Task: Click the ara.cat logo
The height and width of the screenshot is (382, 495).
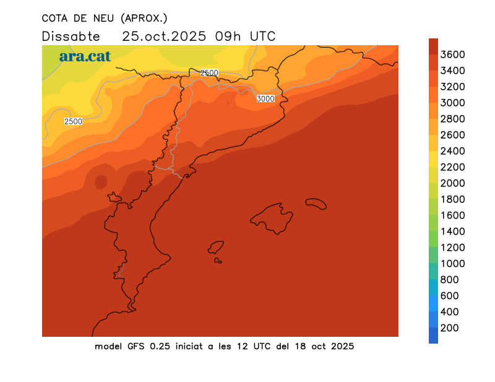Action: click(85, 56)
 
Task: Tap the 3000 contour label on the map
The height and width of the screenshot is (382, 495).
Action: click(265, 98)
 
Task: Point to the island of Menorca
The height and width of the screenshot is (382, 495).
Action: click(316, 203)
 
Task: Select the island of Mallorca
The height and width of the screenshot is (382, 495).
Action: click(272, 217)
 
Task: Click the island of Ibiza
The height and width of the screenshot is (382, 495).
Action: click(216, 247)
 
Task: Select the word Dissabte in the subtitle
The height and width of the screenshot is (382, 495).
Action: click(71, 36)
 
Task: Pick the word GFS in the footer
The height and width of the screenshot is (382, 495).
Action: click(136, 346)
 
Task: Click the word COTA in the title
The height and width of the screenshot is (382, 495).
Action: click(55, 17)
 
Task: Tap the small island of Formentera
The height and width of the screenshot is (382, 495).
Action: click(218, 261)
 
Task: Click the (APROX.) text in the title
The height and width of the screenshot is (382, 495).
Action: click(144, 17)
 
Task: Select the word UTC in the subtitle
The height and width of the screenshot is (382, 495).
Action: click(262, 36)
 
